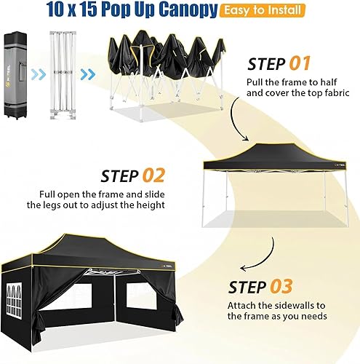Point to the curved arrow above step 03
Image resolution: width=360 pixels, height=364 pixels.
coord(270,251)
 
